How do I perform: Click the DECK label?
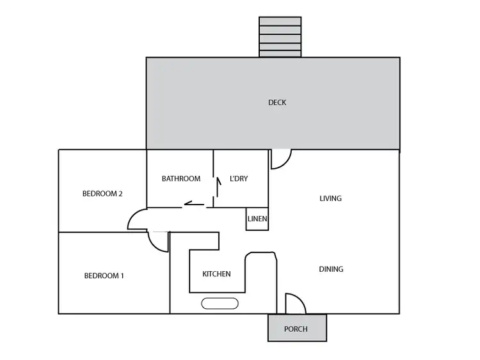(x=276, y=102)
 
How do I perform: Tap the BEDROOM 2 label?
(x=102, y=194)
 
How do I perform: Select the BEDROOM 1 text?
(x=104, y=276)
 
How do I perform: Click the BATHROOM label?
(x=180, y=179)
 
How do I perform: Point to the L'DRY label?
(x=239, y=179)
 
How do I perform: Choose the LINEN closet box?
(x=257, y=219)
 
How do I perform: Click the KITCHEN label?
(x=216, y=274)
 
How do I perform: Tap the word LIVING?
(x=330, y=198)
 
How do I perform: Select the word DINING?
(x=331, y=269)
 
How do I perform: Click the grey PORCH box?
(x=297, y=328)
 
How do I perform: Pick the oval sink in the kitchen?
(x=220, y=304)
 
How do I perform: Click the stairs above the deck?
(x=280, y=37)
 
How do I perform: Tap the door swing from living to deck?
(x=281, y=159)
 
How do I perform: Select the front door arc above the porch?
(x=296, y=304)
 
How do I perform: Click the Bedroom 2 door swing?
(x=137, y=220)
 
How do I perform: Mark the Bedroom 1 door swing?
(x=157, y=242)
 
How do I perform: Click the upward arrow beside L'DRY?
(x=218, y=187)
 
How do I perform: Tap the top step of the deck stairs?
(x=280, y=21)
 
